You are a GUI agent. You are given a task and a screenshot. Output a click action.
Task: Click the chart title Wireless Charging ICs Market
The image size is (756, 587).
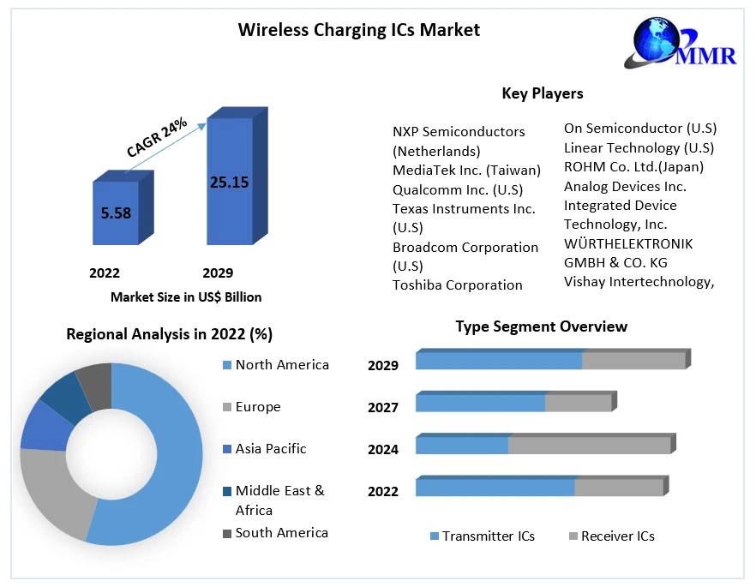[x=358, y=30]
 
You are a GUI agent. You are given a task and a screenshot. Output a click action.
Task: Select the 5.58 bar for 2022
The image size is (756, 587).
[x=116, y=213]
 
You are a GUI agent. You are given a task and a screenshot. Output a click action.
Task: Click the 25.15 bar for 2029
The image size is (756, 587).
[x=229, y=182]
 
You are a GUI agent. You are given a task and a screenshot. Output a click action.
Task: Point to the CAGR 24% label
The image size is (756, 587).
[x=157, y=137]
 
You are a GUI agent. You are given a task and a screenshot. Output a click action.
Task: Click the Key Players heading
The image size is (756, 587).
[x=542, y=93]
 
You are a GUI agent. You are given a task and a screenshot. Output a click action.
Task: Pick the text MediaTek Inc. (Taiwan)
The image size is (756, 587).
[x=466, y=170]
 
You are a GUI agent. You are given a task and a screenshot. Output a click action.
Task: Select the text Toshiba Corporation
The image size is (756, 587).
[x=457, y=285]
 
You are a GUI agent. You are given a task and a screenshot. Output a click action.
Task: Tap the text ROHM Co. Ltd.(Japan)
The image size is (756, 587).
[x=633, y=166]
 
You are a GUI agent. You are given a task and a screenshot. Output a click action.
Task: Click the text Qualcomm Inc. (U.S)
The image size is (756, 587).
[x=457, y=189]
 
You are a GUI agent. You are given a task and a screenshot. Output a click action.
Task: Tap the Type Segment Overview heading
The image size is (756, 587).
[x=541, y=326]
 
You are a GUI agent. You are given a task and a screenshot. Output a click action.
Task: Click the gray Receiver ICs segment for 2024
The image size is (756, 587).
[x=589, y=446]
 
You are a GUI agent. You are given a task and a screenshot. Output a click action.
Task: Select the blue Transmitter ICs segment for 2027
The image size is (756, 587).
[x=480, y=403]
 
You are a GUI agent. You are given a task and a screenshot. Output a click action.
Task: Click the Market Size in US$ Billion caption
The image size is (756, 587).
[x=186, y=297]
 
